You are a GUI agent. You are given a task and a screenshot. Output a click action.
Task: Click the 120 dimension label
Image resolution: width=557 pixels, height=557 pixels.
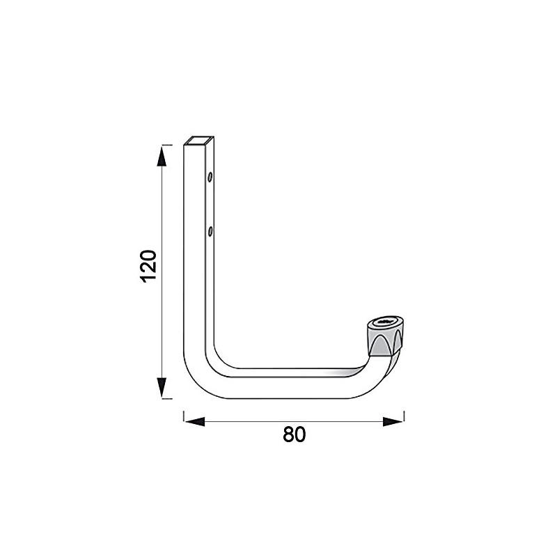[x=149, y=265]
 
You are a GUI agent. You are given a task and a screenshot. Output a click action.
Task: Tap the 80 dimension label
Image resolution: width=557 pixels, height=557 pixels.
[x=295, y=434]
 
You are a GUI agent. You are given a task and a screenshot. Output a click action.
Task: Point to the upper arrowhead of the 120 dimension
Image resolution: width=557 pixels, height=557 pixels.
[x=162, y=156]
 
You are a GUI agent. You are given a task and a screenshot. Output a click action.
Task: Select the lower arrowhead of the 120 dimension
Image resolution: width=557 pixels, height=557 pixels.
[x=162, y=386]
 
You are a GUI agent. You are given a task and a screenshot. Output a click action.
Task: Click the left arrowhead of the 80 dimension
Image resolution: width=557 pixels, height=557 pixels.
[x=194, y=421]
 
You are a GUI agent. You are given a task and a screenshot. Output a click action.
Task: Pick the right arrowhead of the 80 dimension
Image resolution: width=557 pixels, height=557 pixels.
[x=393, y=421]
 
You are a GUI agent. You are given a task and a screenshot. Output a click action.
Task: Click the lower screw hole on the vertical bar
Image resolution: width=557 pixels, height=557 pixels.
[x=209, y=229]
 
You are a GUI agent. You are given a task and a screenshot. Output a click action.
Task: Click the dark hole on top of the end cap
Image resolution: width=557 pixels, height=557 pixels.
[x=385, y=323]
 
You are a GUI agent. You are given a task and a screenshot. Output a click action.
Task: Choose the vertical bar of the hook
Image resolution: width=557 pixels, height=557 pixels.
[x=200, y=265]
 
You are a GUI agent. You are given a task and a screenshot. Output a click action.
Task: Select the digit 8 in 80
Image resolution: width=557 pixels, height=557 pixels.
[x=288, y=434]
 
